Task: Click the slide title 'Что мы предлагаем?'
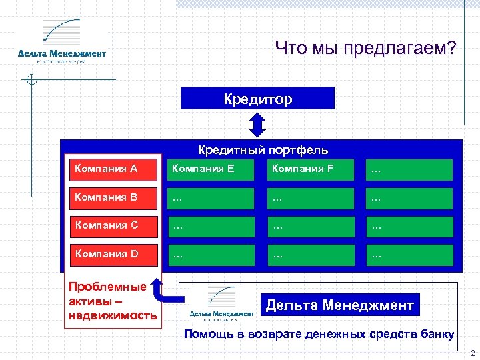(366, 48)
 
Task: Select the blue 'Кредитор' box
(257, 99)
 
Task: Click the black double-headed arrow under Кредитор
(257, 124)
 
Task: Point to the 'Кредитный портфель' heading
(263, 150)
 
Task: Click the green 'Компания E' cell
(211, 169)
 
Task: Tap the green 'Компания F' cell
(309, 169)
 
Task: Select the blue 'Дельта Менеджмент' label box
(340, 305)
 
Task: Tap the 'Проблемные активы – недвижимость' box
(113, 301)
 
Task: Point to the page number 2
(471, 353)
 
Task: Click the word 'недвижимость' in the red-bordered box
(113, 315)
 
